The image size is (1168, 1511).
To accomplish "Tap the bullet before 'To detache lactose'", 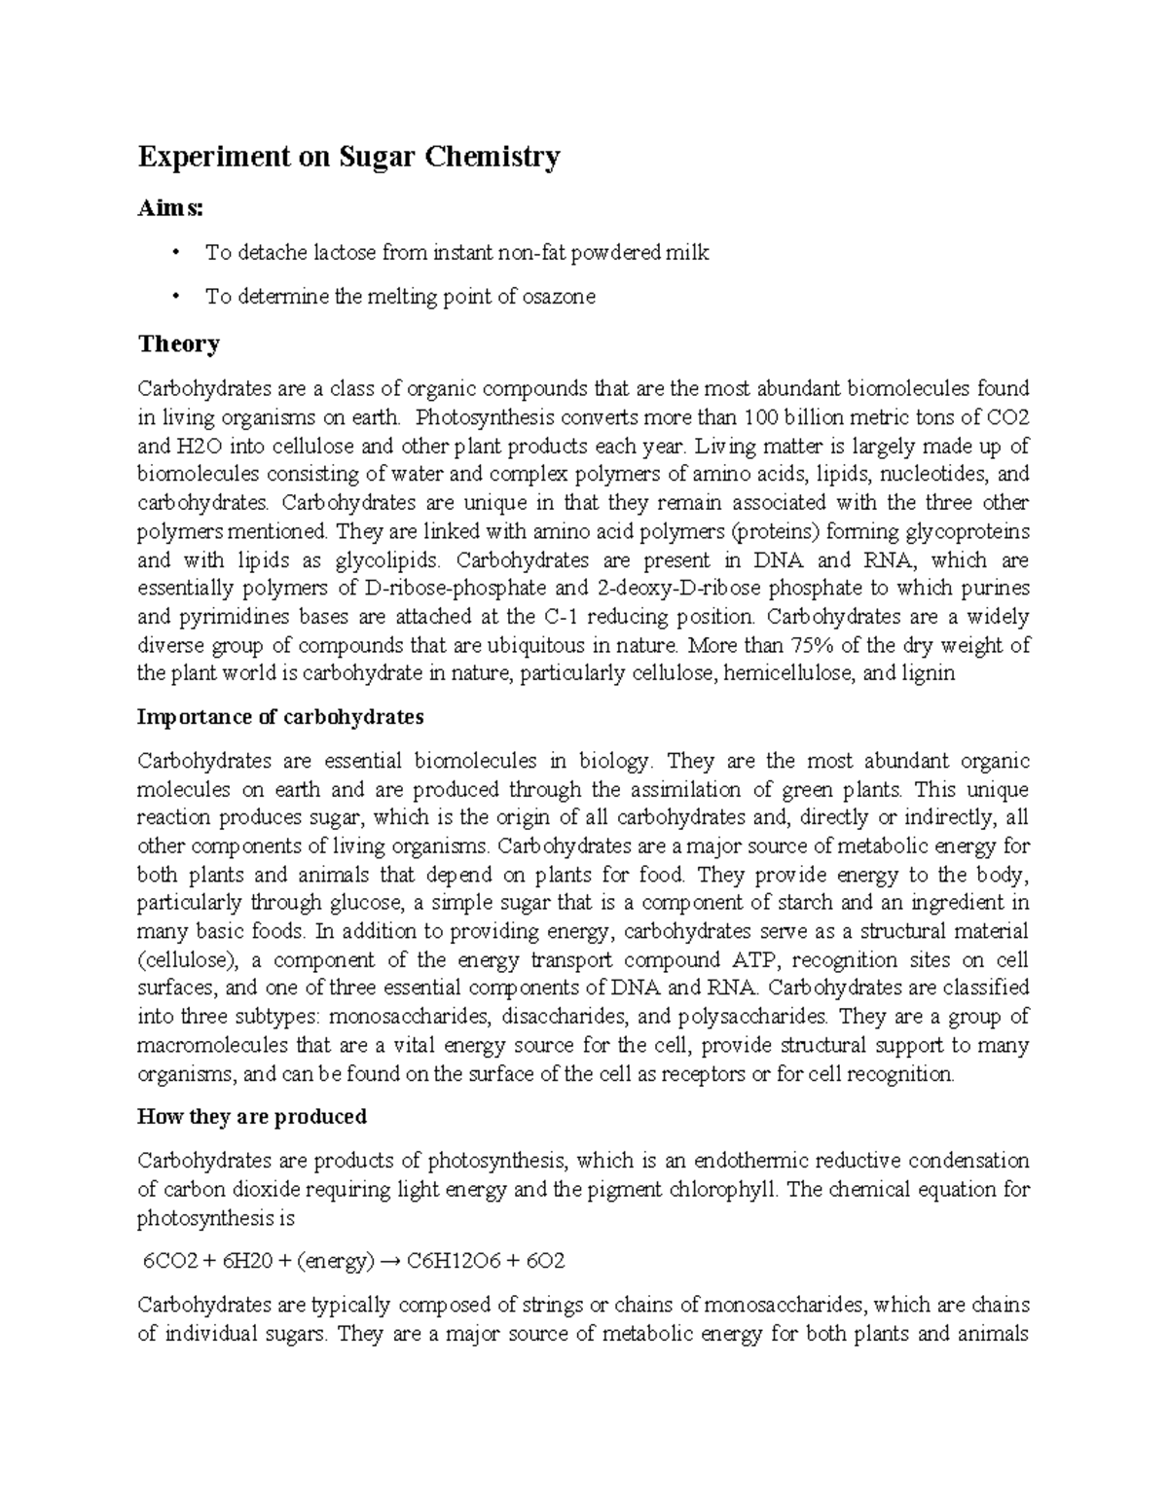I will pyautogui.click(x=175, y=254).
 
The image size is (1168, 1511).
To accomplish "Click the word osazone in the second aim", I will pyautogui.click(x=559, y=298).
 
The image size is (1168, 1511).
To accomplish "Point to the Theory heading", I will pyautogui.click(x=178, y=344).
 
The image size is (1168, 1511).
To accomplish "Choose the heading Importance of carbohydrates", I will pyautogui.click(x=280, y=718).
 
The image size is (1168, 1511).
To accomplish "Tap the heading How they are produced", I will pyautogui.click(x=252, y=1117).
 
